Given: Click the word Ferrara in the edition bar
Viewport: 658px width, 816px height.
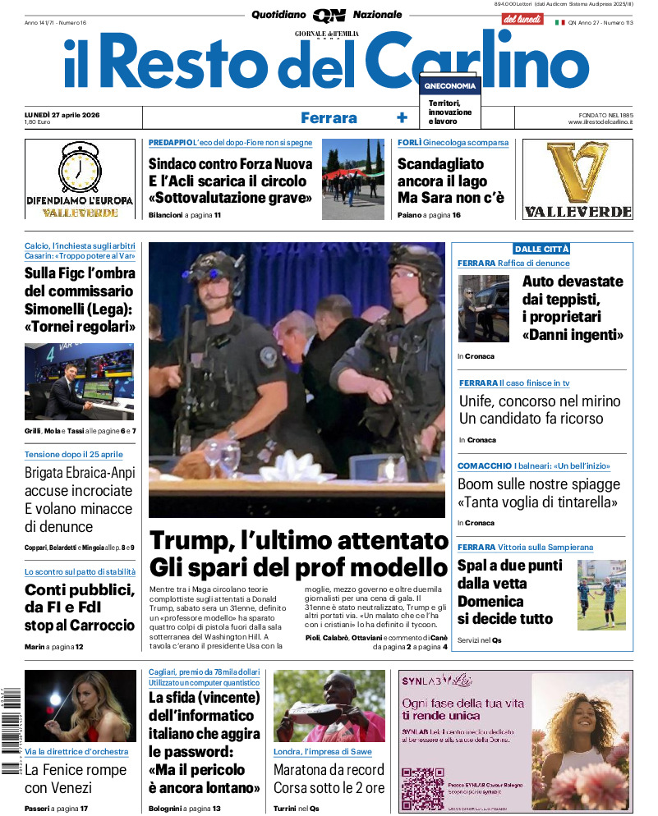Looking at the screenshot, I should [329, 117].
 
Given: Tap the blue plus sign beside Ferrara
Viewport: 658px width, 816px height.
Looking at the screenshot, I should [402, 117].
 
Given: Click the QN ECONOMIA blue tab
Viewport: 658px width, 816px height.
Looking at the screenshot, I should [449, 86].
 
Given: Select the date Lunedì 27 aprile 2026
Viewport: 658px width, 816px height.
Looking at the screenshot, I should [62, 114].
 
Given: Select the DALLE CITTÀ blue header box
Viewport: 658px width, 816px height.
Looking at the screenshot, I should [541, 249].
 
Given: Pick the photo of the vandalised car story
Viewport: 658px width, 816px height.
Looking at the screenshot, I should [484, 309].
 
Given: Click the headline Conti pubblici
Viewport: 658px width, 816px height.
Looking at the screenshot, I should [80, 590].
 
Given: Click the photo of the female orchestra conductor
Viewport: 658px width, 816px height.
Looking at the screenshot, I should [80, 705].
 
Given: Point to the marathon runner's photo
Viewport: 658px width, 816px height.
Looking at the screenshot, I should [329, 705].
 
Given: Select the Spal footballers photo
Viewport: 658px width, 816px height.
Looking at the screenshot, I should [600, 594].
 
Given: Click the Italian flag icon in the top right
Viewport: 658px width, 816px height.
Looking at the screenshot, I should [560, 22].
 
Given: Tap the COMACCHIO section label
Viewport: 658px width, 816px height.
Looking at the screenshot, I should [485, 465].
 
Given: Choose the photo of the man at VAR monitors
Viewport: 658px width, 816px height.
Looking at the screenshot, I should [80, 382].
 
